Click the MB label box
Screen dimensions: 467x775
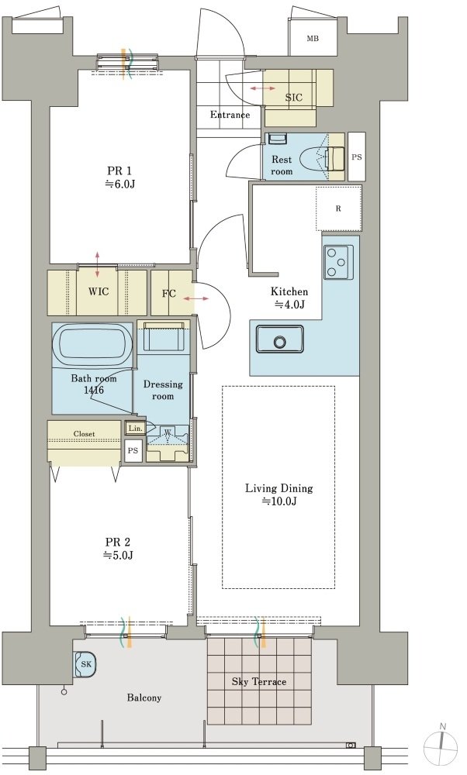click(x=313, y=38)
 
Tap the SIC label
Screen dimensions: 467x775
click(x=294, y=98)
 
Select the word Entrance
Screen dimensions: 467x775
click(x=230, y=115)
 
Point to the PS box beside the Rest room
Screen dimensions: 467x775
click(x=357, y=157)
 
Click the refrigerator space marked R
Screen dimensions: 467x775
click(x=338, y=208)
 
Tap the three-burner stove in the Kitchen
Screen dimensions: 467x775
click(x=338, y=262)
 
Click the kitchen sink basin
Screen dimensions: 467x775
click(x=279, y=339)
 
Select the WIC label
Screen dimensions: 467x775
click(x=99, y=291)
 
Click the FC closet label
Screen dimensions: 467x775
click(x=169, y=293)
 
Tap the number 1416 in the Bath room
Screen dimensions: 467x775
click(x=94, y=391)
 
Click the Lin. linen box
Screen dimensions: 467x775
click(x=135, y=429)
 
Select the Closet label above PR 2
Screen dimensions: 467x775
click(x=84, y=433)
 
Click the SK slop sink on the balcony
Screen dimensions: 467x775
click(x=85, y=664)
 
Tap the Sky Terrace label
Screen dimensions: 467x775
click(x=259, y=681)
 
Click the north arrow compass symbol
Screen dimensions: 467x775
click(x=443, y=742)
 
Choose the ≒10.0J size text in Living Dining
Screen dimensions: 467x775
click(x=279, y=501)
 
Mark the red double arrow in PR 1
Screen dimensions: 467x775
click(x=97, y=264)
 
